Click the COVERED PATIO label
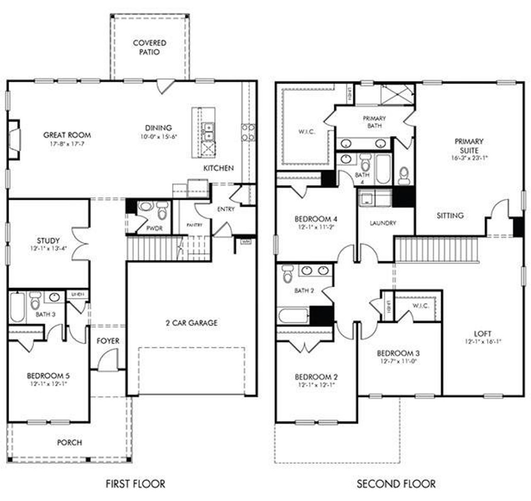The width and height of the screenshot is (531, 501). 149,47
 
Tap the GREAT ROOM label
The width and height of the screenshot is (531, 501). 67,135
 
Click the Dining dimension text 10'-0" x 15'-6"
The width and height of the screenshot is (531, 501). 158,136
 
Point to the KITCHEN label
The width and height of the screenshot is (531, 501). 218,168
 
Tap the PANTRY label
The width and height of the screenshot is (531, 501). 194,225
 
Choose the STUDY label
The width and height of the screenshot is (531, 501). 48,240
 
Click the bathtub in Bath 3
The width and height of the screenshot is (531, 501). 17,307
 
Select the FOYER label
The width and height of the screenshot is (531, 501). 108,341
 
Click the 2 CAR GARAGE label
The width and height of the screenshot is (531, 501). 191,323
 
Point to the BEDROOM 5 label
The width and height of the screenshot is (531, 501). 48,376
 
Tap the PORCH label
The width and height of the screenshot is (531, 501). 69,442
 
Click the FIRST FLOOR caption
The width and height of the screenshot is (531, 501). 135,484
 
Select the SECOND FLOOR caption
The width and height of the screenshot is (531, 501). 396,484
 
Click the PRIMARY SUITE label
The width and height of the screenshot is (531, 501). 469,146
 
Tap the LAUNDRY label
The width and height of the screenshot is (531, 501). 382,223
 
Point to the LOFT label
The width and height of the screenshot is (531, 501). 483,333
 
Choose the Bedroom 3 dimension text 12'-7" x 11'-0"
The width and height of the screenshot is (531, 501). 398,362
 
